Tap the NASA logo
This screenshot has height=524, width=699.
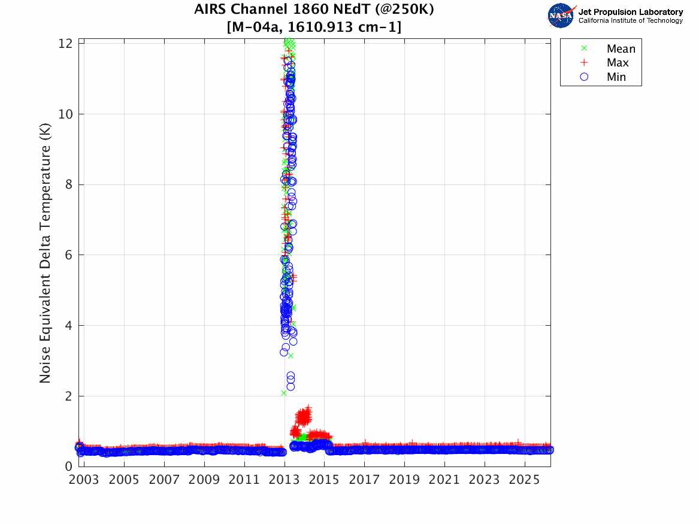point(561,15)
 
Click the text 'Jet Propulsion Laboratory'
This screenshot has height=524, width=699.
point(631,12)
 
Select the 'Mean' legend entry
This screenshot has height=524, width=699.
point(620,49)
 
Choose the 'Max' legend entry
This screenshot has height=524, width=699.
point(617,63)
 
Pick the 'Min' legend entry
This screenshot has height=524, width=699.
point(616,77)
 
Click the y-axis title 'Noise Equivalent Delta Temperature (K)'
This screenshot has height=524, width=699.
point(45,255)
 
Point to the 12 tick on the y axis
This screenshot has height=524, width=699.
point(66,44)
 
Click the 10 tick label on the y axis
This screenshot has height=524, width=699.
point(66,114)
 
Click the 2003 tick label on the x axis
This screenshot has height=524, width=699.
point(84,480)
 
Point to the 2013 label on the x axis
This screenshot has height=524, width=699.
point(285,480)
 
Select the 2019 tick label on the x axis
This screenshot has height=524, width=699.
point(404,480)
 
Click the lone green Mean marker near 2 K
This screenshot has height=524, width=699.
point(283,393)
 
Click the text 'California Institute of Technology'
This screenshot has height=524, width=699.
point(631,21)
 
